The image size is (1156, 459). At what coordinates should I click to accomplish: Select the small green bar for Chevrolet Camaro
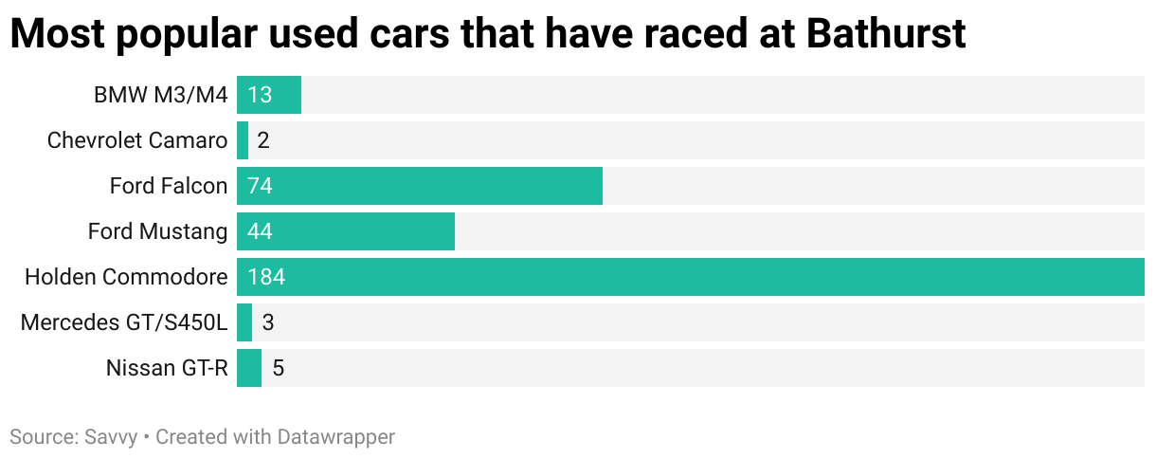[243, 140]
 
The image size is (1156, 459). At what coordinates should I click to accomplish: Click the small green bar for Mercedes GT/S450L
[244, 322]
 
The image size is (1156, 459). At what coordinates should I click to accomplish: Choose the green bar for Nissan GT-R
[249, 368]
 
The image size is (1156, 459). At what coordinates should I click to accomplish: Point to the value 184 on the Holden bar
[265, 277]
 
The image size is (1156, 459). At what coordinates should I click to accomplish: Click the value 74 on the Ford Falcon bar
[260, 186]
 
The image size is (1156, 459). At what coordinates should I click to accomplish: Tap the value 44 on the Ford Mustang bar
[260, 231]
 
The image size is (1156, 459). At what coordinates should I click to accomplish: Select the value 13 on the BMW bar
[259, 95]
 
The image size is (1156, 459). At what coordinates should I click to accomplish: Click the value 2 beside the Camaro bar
[263, 140]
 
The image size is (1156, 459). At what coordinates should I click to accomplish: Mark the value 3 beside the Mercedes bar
[267, 322]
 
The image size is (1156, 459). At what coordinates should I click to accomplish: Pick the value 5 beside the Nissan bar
[278, 368]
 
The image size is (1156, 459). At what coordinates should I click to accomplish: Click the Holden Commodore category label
[126, 277]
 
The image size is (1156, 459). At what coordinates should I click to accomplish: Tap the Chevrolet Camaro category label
[137, 140]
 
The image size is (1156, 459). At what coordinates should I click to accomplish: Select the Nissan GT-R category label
[167, 368]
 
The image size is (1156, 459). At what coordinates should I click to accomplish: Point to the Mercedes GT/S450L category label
[124, 322]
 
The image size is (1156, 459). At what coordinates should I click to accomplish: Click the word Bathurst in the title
[886, 34]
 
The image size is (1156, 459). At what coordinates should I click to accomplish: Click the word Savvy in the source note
[109, 437]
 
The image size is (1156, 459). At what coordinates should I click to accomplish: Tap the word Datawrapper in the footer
[335, 437]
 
